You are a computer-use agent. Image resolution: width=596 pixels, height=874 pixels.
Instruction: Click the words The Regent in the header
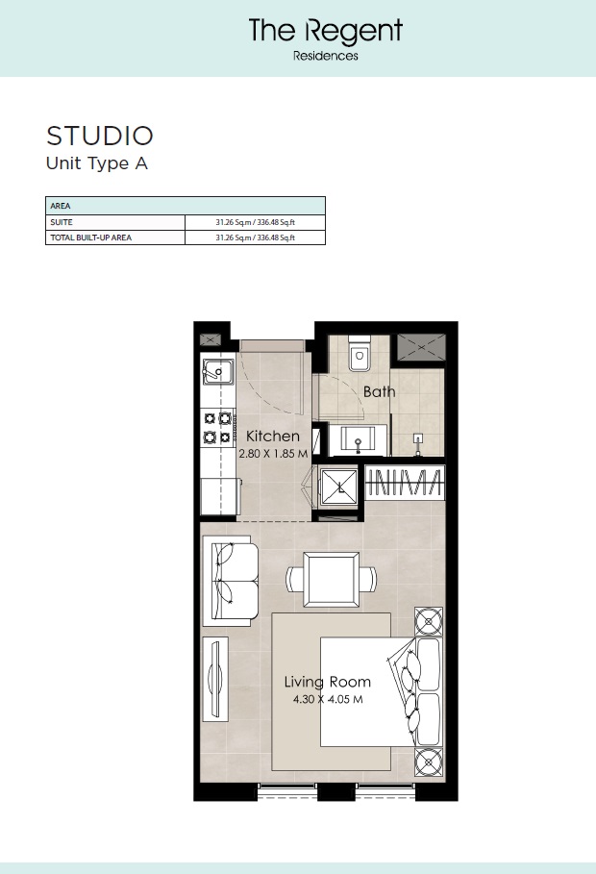(325, 32)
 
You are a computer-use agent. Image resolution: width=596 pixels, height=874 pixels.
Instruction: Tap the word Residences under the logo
(325, 56)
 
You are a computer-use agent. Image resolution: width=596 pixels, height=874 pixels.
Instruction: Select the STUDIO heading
(100, 135)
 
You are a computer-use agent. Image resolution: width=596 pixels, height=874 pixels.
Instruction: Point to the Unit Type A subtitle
(97, 162)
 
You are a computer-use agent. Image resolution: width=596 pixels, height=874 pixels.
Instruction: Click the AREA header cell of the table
(61, 206)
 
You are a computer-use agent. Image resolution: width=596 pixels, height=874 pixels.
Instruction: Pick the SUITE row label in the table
(62, 222)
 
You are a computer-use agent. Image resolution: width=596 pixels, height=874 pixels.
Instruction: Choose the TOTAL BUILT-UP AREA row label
(90, 237)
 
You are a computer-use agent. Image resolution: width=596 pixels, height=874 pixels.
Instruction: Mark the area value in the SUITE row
(255, 222)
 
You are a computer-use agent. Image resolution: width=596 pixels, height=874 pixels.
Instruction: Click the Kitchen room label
(273, 437)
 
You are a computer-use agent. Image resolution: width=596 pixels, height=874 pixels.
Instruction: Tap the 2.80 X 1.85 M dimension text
(273, 453)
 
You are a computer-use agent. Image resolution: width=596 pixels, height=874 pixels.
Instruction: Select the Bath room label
(379, 392)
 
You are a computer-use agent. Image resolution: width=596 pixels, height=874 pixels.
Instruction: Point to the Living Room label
(327, 683)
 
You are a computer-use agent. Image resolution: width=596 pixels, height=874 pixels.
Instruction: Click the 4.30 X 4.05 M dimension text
(328, 699)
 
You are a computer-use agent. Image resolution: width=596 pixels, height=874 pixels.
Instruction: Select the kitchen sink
(218, 372)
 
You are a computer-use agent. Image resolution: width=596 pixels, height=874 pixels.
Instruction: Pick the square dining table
(331, 579)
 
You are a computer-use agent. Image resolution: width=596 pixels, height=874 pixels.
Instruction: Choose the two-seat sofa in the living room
(231, 581)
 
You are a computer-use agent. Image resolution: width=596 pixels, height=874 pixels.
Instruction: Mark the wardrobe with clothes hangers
(405, 484)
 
